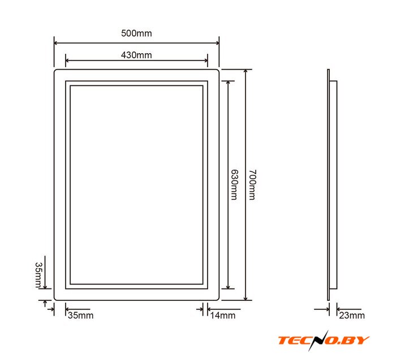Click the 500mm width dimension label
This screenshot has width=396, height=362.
(x=136, y=33)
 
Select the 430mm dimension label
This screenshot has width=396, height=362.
(x=136, y=55)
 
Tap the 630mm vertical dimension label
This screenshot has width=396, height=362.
(x=235, y=184)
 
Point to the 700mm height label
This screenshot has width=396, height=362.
(x=252, y=184)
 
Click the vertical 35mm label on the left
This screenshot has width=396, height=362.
(x=38, y=275)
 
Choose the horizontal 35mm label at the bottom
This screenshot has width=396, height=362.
(x=80, y=315)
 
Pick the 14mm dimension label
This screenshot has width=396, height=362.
(x=223, y=315)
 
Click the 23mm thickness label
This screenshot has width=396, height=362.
(x=352, y=315)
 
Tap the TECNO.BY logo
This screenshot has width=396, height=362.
(x=324, y=340)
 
